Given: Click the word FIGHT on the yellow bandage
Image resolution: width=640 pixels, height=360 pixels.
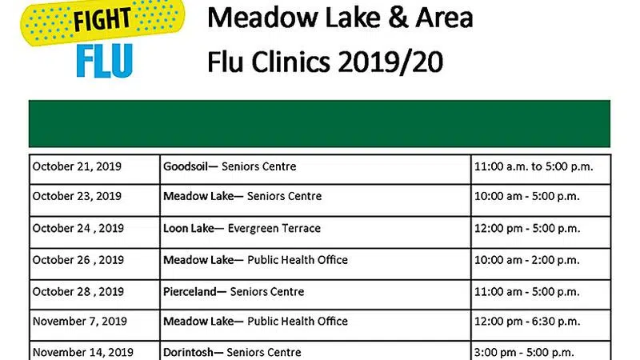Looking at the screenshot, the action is (x=102, y=19).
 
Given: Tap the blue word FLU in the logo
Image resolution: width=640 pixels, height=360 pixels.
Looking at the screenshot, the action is (x=105, y=61).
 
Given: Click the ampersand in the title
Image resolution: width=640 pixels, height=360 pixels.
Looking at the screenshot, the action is (x=398, y=18).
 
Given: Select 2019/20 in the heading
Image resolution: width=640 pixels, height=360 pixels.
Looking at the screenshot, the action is (x=390, y=62).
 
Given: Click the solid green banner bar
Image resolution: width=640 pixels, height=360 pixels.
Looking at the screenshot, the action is (x=319, y=124).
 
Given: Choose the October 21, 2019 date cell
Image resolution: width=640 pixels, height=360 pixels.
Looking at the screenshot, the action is (x=94, y=169).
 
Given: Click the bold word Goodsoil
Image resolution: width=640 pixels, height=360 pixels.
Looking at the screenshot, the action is (x=186, y=166).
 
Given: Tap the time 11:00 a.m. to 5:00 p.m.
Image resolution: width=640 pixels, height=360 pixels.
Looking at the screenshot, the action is (x=534, y=166).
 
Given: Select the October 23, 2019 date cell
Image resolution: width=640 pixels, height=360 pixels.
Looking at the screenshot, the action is (x=94, y=200).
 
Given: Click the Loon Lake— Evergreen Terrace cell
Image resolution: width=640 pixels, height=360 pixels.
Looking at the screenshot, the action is (x=315, y=232).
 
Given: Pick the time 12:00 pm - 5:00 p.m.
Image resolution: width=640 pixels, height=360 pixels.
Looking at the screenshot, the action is (x=527, y=229).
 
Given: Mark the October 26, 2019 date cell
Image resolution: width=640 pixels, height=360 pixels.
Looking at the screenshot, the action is (x=94, y=264).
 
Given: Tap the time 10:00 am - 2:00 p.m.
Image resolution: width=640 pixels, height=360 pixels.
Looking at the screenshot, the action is (x=527, y=260).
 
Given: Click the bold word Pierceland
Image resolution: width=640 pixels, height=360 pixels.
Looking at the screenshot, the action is (x=190, y=292).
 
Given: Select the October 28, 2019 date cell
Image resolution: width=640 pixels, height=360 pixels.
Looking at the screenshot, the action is (x=94, y=294).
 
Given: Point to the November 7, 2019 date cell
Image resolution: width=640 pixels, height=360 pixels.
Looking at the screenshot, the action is (x=94, y=325).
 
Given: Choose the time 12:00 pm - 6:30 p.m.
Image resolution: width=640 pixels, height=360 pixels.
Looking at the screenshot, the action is (x=527, y=322).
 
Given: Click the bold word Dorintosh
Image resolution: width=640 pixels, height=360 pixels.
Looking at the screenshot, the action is (x=188, y=352).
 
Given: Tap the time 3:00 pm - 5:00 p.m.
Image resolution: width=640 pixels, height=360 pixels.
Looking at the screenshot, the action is (x=524, y=352).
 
